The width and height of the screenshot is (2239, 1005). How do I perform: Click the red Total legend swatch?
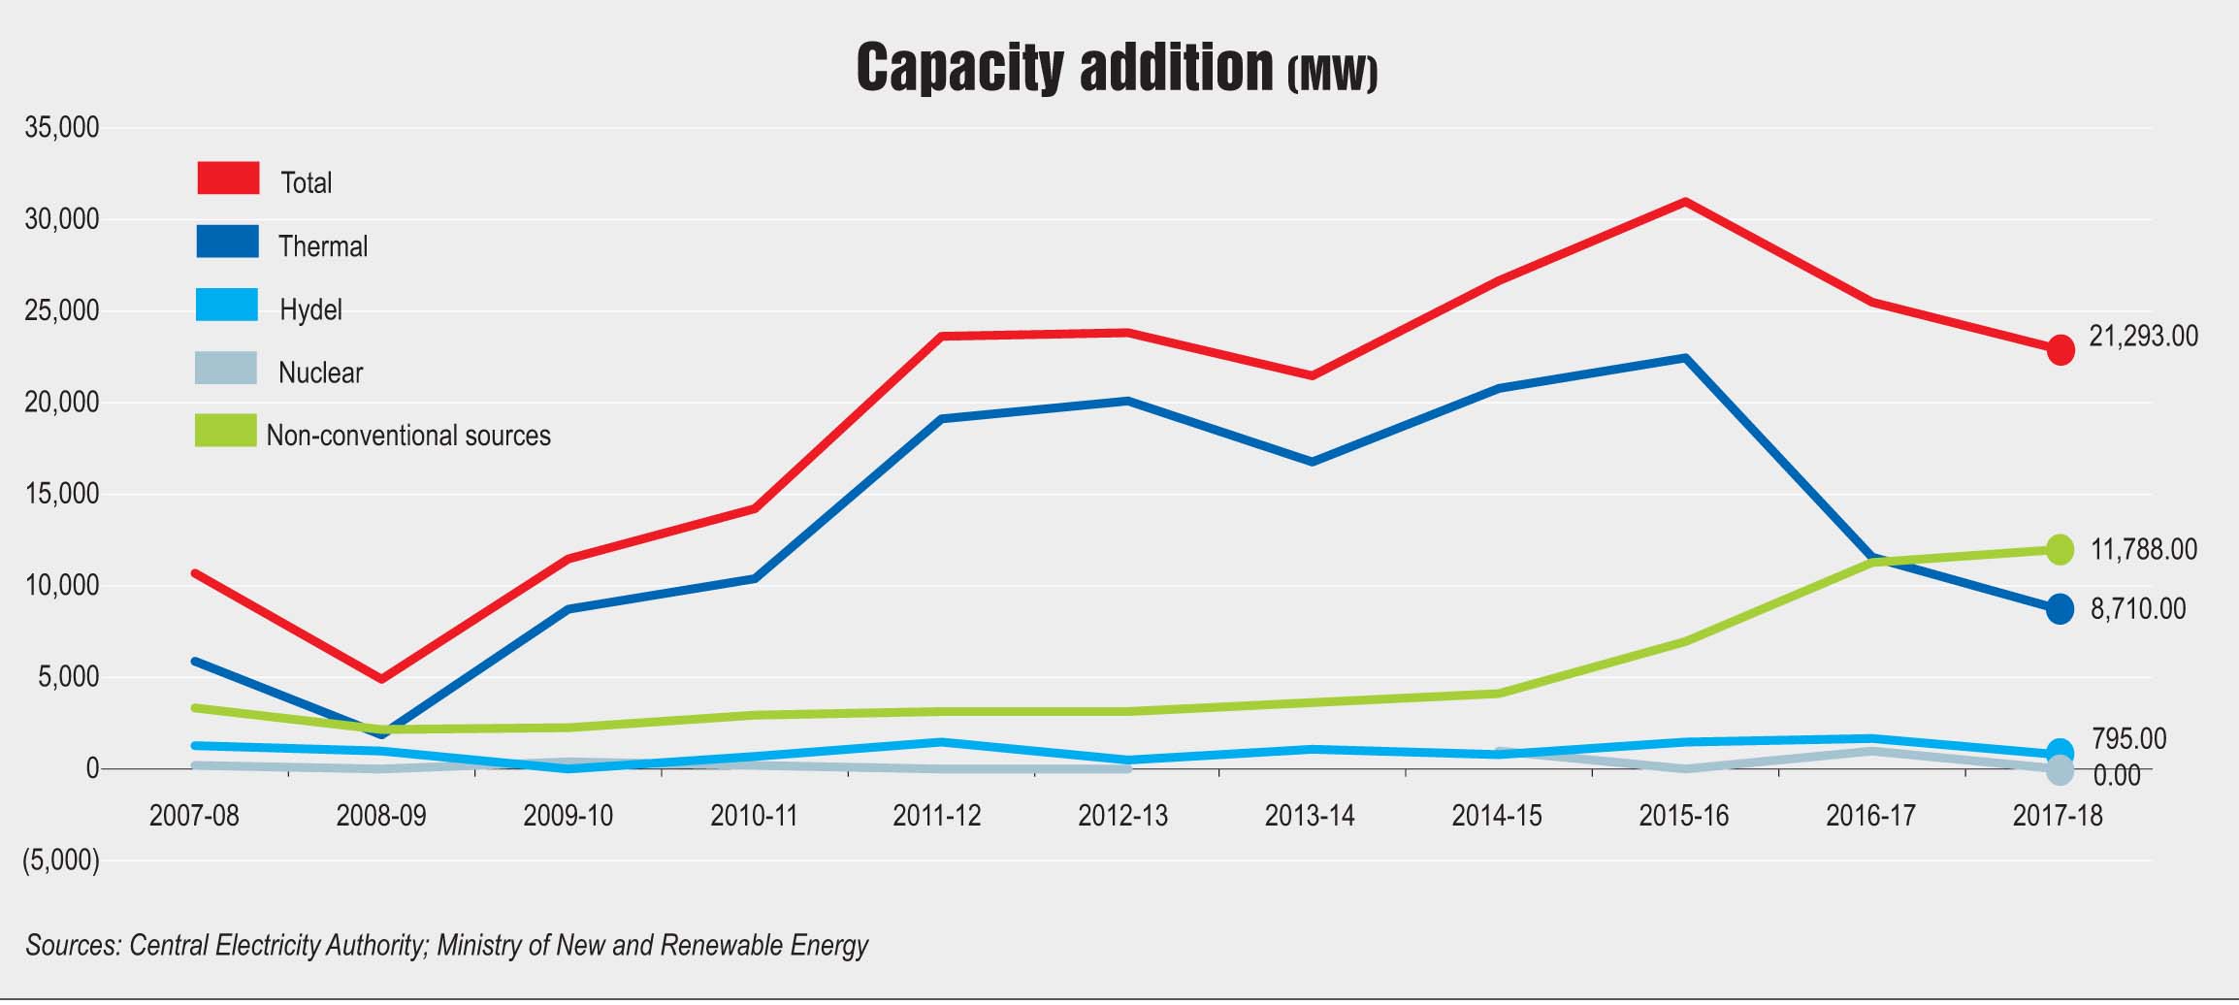(228, 178)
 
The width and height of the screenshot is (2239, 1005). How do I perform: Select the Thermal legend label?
(323, 246)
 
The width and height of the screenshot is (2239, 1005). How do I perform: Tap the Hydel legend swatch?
(227, 305)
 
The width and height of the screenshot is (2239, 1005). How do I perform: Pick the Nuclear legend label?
(320, 373)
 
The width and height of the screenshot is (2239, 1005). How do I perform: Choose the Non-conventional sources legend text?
(408, 436)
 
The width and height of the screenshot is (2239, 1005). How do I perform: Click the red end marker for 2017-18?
(2061, 349)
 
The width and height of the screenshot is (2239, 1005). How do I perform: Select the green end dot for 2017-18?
(2061, 550)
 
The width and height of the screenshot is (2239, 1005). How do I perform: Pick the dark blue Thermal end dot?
(2061, 609)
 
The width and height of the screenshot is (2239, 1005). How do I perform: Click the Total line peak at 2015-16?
(1686, 202)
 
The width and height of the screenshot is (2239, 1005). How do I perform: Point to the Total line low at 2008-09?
(382, 678)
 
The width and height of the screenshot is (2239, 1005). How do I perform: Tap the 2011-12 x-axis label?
(936, 816)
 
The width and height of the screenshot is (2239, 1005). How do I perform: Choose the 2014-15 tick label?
(1496, 816)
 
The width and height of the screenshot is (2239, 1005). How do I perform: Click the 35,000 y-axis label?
(62, 128)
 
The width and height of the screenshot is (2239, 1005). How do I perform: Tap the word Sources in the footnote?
(73, 946)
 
